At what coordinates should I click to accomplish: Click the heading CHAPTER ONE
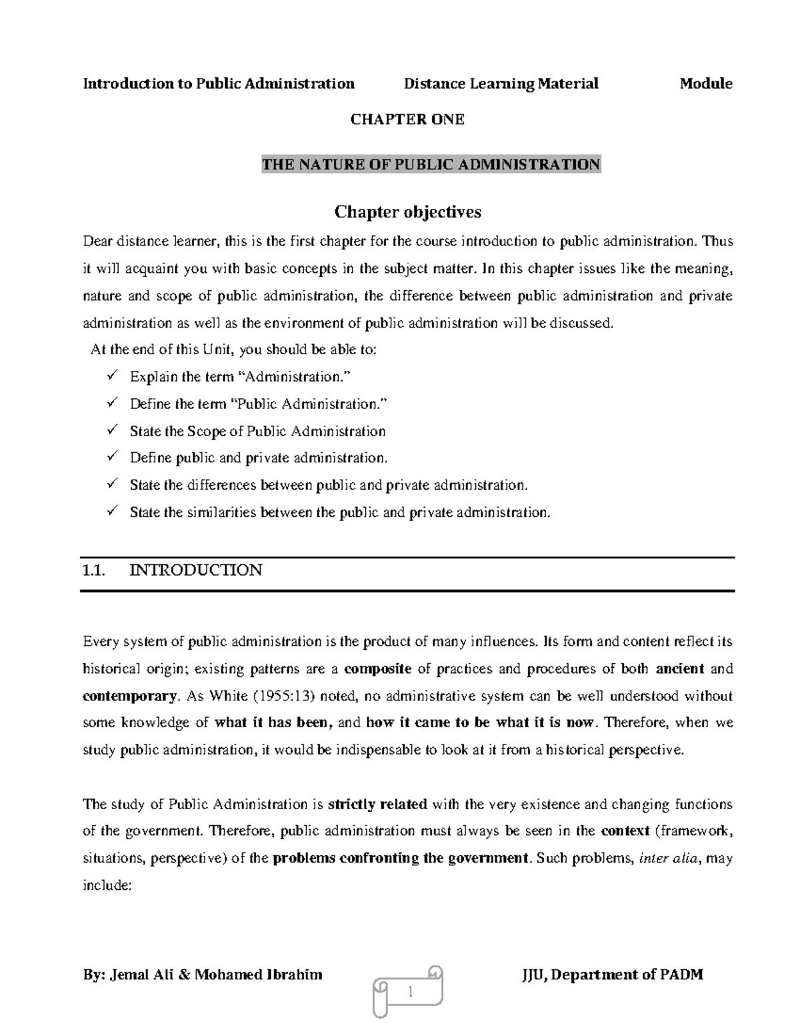pyautogui.click(x=407, y=119)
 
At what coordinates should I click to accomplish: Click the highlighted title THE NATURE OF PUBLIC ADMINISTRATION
pyautogui.click(x=431, y=164)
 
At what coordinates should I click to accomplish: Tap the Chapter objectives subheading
pyautogui.click(x=407, y=212)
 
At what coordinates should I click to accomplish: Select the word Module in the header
pyautogui.click(x=705, y=83)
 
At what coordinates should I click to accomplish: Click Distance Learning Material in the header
pyautogui.click(x=501, y=83)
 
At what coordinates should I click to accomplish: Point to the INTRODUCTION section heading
pyautogui.click(x=196, y=570)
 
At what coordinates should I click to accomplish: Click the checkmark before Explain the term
pyautogui.click(x=112, y=376)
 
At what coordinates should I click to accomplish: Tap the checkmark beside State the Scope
pyautogui.click(x=112, y=430)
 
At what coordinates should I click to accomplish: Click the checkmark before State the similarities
pyautogui.click(x=112, y=512)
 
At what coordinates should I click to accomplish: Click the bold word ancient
pyautogui.click(x=680, y=668)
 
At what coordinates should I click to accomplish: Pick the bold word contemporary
pyautogui.click(x=129, y=696)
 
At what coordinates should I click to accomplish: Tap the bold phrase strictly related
pyautogui.click(x=378, y=805)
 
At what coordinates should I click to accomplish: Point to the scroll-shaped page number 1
pyautogui.click(x=409, y=993)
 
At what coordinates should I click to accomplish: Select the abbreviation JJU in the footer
pyautogui.click(x=534, y=975)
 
